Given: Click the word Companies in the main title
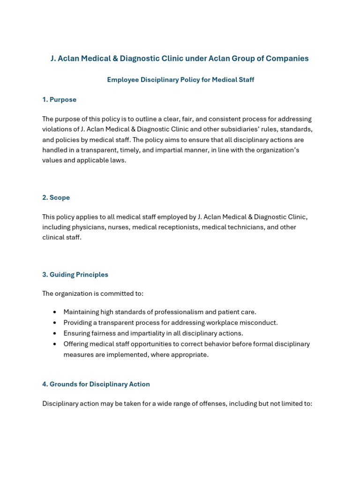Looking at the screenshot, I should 287,59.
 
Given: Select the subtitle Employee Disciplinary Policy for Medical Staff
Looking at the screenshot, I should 180,80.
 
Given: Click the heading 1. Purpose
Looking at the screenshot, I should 59,99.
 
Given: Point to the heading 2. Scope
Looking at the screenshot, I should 56,197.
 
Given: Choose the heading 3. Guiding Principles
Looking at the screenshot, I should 75,275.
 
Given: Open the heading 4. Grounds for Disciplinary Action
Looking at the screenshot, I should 96,384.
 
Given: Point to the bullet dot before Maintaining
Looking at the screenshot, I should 55,312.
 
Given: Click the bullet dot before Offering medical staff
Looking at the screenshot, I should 55,344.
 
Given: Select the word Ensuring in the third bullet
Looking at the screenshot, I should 77,333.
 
